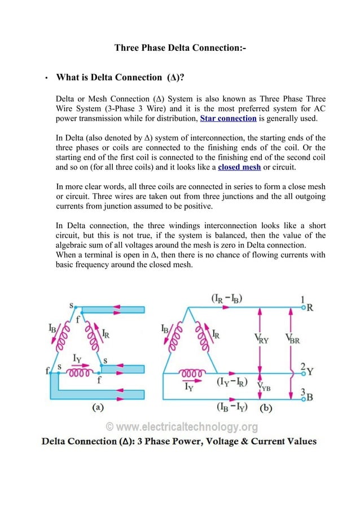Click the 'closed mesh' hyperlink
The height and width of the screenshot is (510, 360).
click(239, 168)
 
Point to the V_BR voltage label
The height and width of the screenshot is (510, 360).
click(293, 339)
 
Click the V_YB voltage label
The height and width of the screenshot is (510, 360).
click(264, 386)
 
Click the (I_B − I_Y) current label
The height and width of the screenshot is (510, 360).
click(234, 406)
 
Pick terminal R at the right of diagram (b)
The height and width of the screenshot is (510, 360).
click(310, 309)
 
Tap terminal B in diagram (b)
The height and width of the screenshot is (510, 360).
click(310, 397)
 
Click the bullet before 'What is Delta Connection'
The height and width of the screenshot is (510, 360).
click(45, 77)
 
